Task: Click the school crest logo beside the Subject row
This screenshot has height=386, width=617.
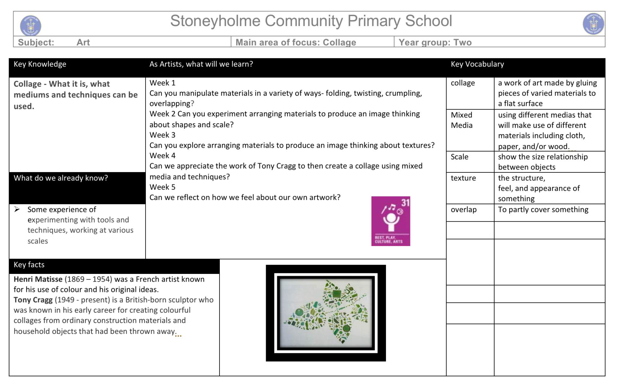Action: (31, 25)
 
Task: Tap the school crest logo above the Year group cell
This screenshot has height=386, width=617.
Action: (593, 24)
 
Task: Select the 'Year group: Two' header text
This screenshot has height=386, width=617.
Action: (435, 42)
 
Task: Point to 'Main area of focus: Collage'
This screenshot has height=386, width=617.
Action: (296, 42)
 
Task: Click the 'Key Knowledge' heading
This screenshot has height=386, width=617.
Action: (40, 64)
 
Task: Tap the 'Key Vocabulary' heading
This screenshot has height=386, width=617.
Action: (477, 64)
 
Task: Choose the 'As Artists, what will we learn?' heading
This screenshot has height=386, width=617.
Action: (201, 64)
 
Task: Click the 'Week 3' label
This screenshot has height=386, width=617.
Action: (162, 135)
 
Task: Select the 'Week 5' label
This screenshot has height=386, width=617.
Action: (162, 187)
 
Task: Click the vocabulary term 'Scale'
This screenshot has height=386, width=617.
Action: (459, 157)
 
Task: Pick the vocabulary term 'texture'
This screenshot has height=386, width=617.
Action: (463, 178)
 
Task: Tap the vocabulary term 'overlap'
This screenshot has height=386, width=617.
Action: (463, 210)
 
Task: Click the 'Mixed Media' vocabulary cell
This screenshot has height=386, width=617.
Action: (461, 120)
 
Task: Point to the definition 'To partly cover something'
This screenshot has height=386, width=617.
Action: (543, 210)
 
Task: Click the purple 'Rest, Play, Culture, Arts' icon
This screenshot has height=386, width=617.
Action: (390, 221)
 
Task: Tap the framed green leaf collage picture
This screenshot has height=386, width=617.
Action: (326, 313)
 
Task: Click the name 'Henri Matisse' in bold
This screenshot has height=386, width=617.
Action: (38, 279)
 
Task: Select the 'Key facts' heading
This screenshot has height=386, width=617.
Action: (29, 265)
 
